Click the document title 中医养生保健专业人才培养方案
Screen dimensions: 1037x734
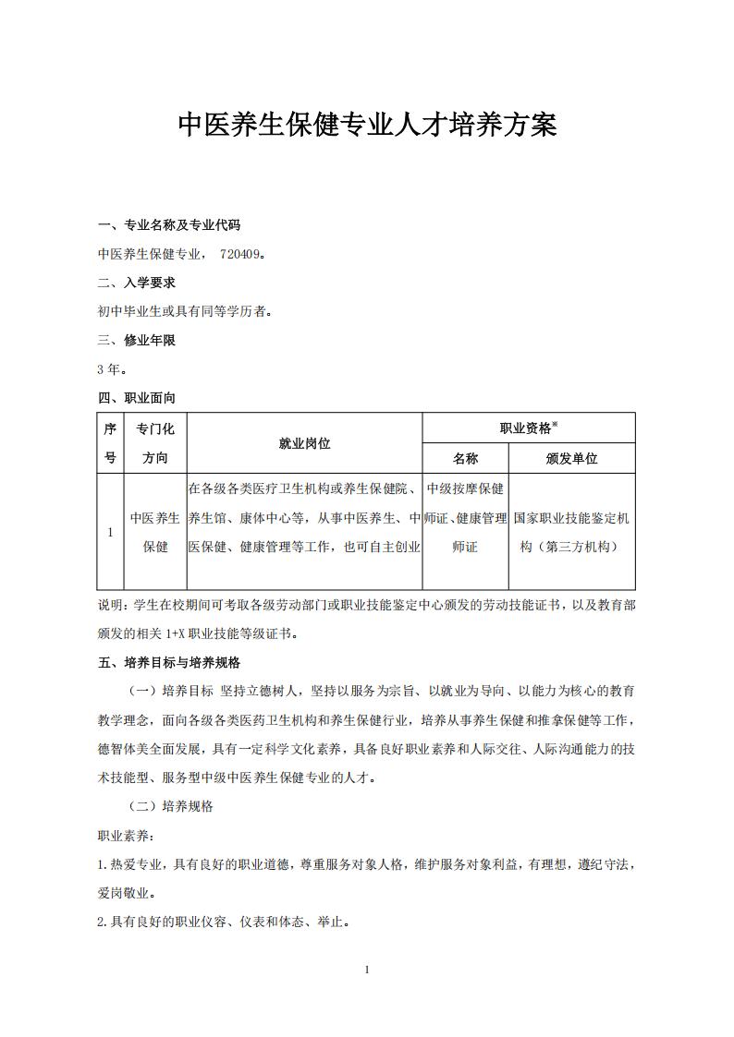367,126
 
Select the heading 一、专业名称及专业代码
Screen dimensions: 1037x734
169,224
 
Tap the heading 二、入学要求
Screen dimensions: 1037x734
137,283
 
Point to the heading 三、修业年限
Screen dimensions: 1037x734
137,340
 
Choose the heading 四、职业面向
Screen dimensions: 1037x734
137,398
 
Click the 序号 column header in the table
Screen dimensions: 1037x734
110,443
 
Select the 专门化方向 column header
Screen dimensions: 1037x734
155,443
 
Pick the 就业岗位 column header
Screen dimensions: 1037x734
304,443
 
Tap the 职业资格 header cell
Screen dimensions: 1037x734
529,428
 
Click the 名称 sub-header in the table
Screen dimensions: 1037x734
465,458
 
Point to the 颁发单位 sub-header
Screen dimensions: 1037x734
572,458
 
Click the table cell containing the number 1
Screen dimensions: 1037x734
110,532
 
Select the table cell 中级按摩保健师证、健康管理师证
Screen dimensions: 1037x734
465,518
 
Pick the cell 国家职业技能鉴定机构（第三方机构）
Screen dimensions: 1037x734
572,532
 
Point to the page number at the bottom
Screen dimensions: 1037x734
367,970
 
